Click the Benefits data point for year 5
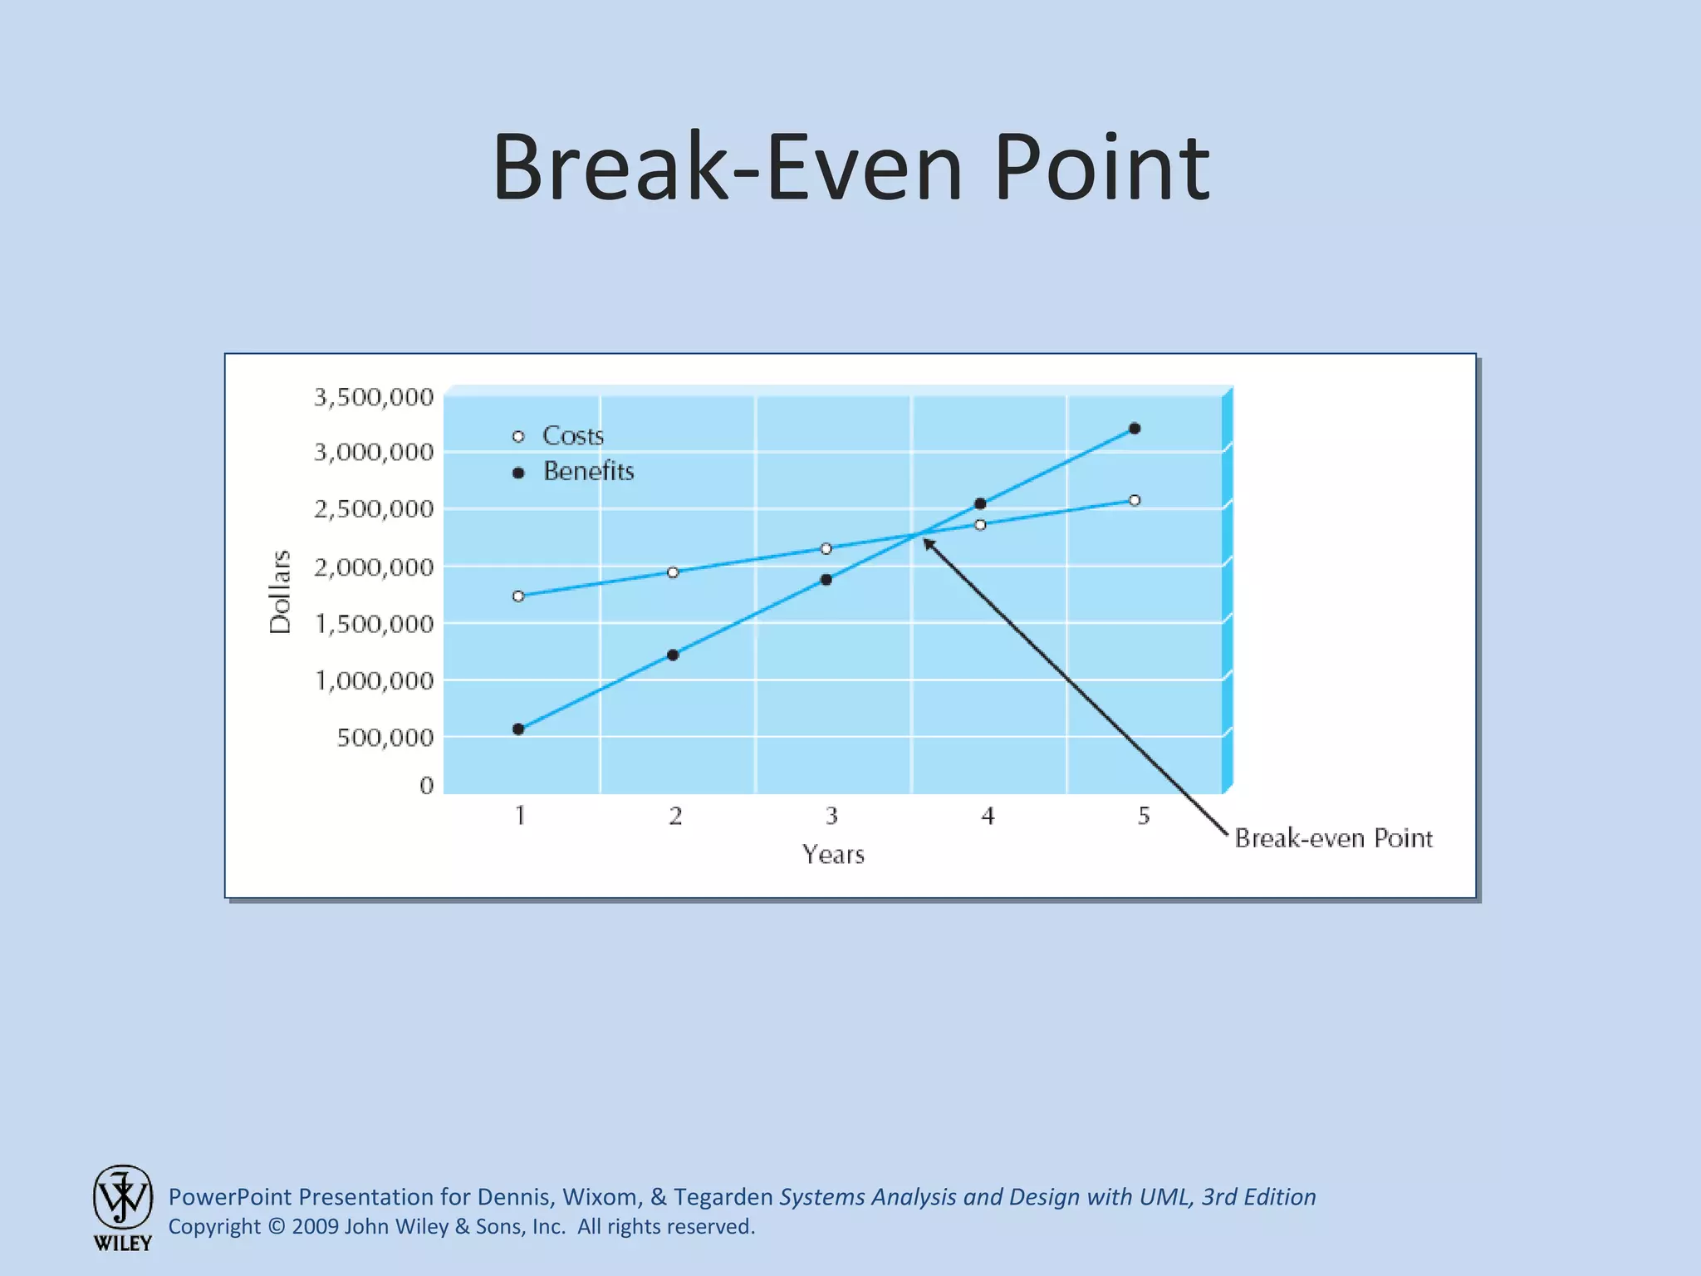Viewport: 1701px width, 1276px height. pyautogui.click(x=1135, y=429)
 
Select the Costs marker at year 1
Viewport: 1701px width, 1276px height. pyautogui.click(x=518, y=596)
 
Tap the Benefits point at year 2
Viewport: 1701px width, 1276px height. pyautogui.click(x=673, y=655)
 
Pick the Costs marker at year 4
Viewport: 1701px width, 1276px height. pyautogui.click(x=980, y=524)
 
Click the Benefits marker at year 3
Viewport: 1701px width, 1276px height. pyautogui.click(x=826, y=579)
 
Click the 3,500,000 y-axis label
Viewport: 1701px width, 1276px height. pyautogui.click(x=374, y=397)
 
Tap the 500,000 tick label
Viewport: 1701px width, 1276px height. pyautogui.click(x=385, y=738)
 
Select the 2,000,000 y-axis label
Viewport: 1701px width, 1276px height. pyautogui.click(x=374, y=567)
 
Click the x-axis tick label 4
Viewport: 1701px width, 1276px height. pyautogui.click(x=988, y=816)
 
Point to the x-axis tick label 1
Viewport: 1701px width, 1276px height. pyautogui.click(x=520, y=816)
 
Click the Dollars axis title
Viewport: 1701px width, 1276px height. pyautogui.click(x=281, y=591)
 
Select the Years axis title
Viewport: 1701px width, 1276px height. pyautogui.click(x=833, y=854)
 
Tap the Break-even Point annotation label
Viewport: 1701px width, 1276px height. pyautogui.click(x=1333, y=837)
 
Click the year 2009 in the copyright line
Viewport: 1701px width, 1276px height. pyautogui.click(x=315, y=1226)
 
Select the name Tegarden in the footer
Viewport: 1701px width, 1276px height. pyautogui.click(x=723, y=1196)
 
